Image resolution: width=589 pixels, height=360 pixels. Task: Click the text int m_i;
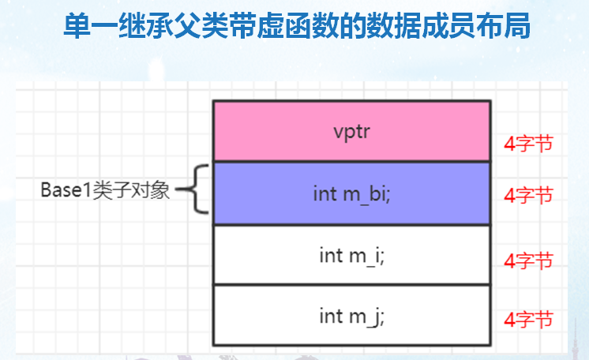(x=352, y=256)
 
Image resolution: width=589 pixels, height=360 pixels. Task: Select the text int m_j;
(x=352, y=317)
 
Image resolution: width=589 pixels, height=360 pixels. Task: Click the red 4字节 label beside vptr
(x=528, y=144)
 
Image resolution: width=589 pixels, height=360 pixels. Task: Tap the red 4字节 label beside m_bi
(x=528, y=195)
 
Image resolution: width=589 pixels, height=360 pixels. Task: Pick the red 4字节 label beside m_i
(x=528, y=260)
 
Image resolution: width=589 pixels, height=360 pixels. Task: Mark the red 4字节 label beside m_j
(x=528, y=320)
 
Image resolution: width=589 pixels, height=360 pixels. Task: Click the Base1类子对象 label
(x=106, y=190)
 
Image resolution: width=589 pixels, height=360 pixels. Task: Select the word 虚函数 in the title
(x=309, y=26)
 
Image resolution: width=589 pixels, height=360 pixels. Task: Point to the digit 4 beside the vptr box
(x=509, y=144)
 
